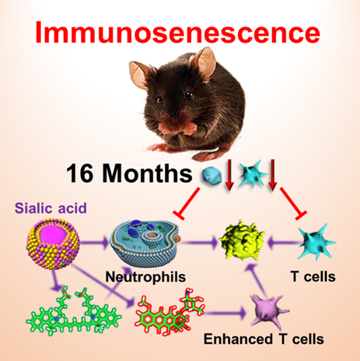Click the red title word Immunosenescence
[x=177, y=32]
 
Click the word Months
[x=147, y=173]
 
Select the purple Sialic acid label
[x=51, y=208]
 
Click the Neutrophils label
[x=145, y=277]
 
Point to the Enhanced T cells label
[x=264, y=339]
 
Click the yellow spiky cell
[x=242, y=240]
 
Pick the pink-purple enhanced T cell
[x=268, y=310]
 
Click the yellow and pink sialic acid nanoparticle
[x=53, y=244]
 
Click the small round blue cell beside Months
[x=211, y=175]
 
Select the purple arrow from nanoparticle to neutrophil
[x=95, y=243]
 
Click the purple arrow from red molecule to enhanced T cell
[x=225, y=314]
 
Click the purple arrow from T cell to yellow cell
[x=285, y=244]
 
